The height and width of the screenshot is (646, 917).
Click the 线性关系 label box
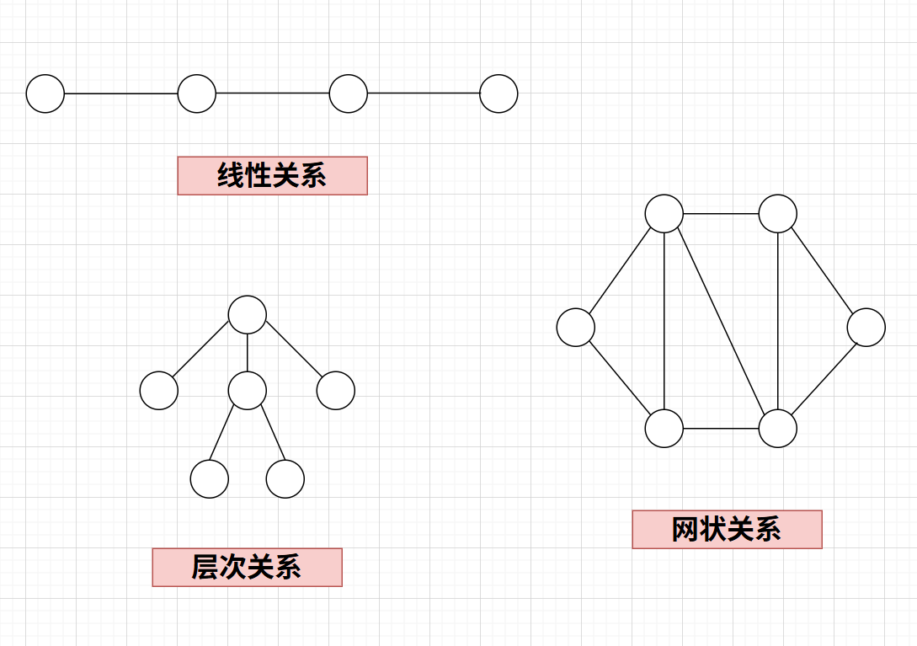tap(272, 175)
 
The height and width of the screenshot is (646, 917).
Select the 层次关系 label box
tap(247, 567)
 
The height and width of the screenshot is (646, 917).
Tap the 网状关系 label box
tap(727, 529)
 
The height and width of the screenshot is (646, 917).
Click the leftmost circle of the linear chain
tap(45, 93)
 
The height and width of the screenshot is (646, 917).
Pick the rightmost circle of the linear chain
tap(498, 93)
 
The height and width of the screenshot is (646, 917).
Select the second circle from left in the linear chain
tap(197, 93)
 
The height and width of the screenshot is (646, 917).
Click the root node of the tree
tap(248, 314)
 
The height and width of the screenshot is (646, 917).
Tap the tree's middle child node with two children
tap(248, 391)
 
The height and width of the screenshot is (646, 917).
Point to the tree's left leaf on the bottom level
tap(210, 479)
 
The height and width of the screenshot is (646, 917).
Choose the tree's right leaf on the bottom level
tap(285, 479)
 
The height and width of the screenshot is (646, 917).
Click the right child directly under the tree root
tap(336, 391)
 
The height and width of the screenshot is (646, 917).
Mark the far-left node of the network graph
tap(576, 328)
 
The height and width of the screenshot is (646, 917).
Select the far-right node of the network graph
tap(866, 328)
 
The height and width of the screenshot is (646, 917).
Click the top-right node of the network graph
tap(777, 214)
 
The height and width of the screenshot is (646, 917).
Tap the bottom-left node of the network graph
tap(664, 429)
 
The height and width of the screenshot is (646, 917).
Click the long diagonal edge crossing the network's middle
tap(721, 322)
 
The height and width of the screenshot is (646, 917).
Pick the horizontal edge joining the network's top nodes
tap(721, 214)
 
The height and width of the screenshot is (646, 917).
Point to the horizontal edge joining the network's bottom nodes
tap(721, 429)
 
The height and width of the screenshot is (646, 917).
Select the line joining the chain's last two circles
tap(424, 93)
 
